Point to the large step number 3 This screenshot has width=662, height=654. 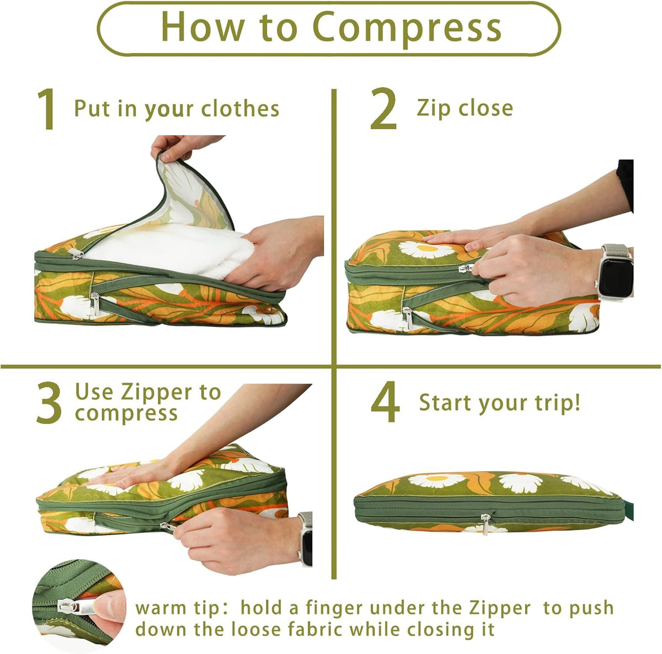pos(49,403)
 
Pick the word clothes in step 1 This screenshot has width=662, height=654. pos(240,109)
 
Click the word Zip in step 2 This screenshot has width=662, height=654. pos(434,109)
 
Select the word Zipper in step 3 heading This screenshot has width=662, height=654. pos(154,393)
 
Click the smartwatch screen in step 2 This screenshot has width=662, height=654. pos(615,272)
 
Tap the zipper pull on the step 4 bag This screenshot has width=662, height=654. pos(485,524)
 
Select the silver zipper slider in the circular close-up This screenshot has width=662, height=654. pos(66,615)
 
